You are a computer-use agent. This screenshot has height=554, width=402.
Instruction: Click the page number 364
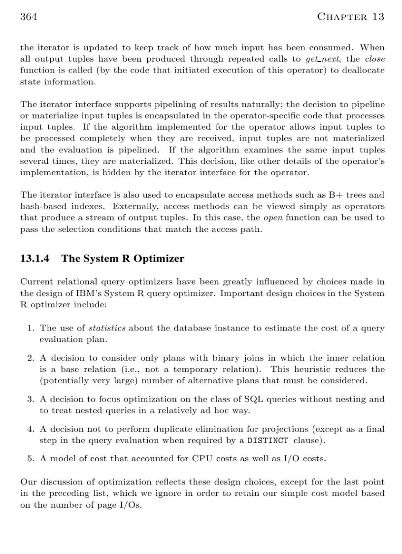tap(29, 17)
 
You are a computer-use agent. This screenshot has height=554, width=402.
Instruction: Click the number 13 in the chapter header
tap(378, 17)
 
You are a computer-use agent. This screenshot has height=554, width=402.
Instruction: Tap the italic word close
tap(375, 59)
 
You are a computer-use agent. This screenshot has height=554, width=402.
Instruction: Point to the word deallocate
tap(360, 71)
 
